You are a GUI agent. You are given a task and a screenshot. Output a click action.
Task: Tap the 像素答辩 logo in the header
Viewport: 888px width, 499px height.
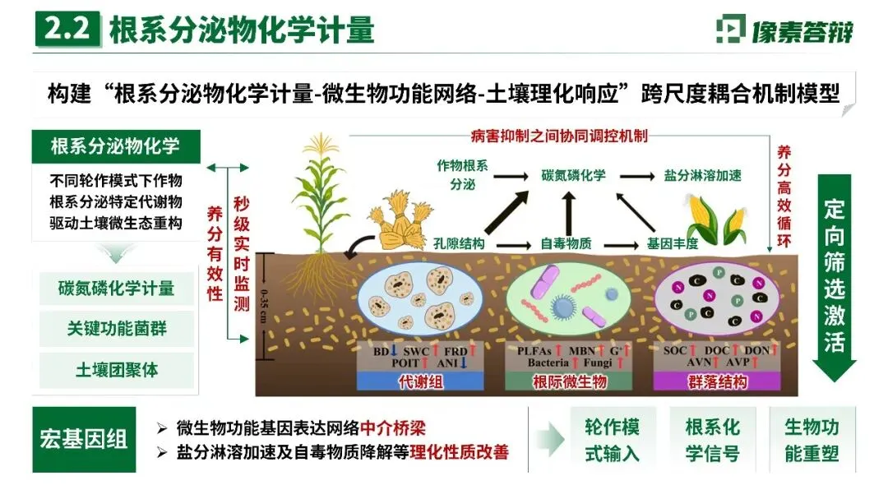tap(784, 30)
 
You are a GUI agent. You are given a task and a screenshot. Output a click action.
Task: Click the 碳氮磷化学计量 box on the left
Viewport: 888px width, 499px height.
tap(116, 289)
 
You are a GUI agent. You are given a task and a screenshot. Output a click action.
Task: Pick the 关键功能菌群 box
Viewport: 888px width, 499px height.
tap(116, 329)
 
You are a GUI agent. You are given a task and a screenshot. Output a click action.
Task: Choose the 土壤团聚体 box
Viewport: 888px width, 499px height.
tap(116, 370)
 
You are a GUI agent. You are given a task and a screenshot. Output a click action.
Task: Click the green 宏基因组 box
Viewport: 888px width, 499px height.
tap(84, 439)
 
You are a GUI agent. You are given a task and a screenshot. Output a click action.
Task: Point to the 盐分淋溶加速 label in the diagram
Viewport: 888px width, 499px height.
tap(703, 175)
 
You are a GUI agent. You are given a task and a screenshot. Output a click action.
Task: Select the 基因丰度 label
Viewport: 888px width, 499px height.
tap(672, 243)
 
